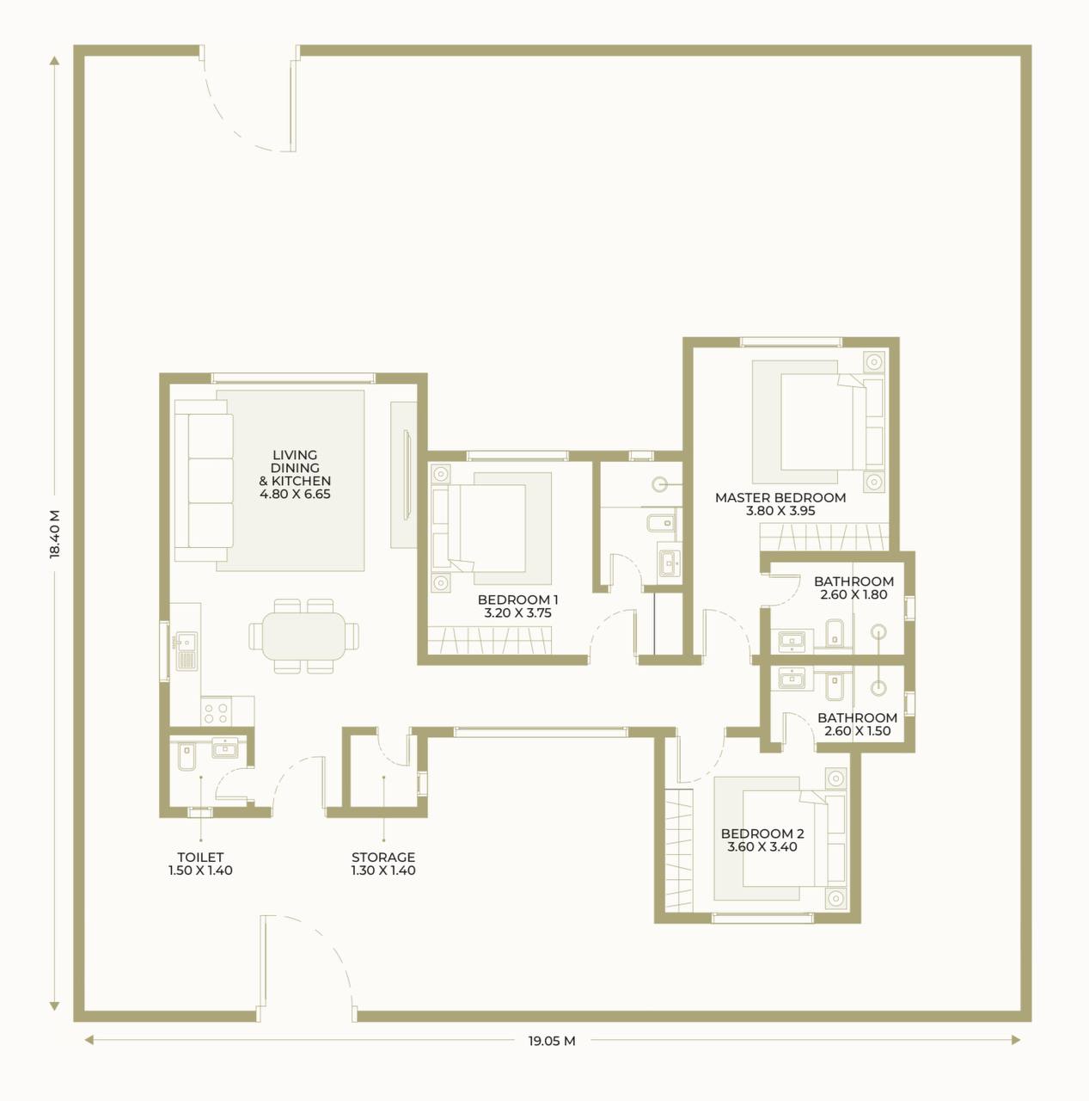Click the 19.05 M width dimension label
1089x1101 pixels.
(551, 1041)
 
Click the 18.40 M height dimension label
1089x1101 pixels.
(55, 533)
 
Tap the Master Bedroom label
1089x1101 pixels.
(780, 504)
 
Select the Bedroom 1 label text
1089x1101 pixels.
(518, 606)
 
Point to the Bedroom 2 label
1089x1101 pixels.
(762, 840)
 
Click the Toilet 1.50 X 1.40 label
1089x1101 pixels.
(200, 864)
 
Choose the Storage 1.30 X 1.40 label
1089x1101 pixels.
(383, 864)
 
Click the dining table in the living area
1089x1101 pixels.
(303, 636)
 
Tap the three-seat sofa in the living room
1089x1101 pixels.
(204, 481)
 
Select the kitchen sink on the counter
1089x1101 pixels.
(186, 650)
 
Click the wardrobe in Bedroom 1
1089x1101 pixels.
(490, 640)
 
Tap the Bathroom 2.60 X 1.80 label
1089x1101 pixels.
(853, 587)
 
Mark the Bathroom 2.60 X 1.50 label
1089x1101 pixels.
(857, 724)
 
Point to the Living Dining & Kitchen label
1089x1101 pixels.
(295, 474)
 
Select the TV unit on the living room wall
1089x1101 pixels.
(407, 475)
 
